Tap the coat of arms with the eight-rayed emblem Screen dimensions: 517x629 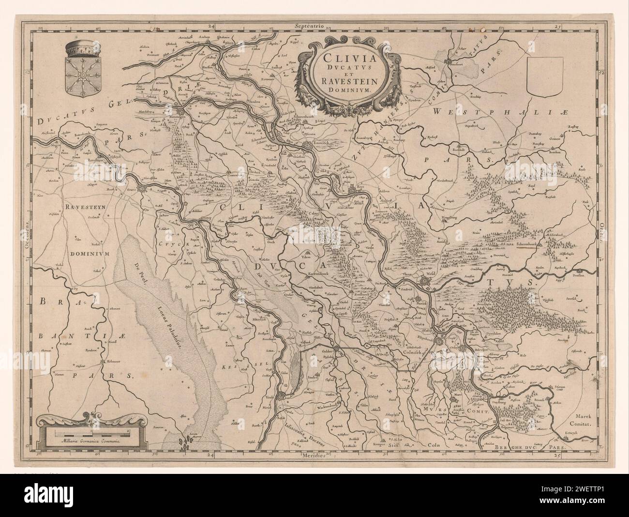click(x=84, y=76)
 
